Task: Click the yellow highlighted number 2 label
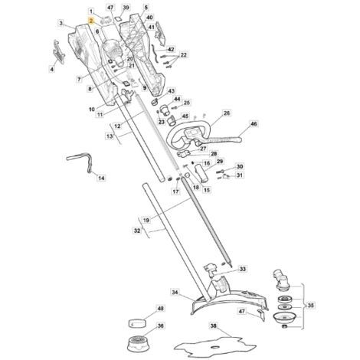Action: click(x=91, y=21)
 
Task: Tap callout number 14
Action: click(x=102, y=178)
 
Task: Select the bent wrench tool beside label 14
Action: click(x=80, y=162)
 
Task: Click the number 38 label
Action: click(x=214, y=326)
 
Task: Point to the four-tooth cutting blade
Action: click(x=215, y=346)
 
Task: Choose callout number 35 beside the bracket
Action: click(x=311, y=306)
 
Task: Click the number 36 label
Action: click(x=160, y=326)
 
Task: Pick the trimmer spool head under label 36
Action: click(x=138, y=344)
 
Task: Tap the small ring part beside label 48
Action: click(x=136, y=323)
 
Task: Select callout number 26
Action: click(x=227, y=113)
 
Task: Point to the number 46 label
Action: click(x=254, y=124)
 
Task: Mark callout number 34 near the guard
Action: click(x=175, y=292)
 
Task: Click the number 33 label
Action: click(x=243, y=269)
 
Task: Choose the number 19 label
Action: click(x=146, y=220)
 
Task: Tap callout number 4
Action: click(x=52, y=69)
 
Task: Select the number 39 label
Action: click(x=126, y=8)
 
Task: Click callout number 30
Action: click(x=240, y=167)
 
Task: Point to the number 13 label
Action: click(x=110, y=136)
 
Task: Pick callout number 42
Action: click(x=171, y=49)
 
